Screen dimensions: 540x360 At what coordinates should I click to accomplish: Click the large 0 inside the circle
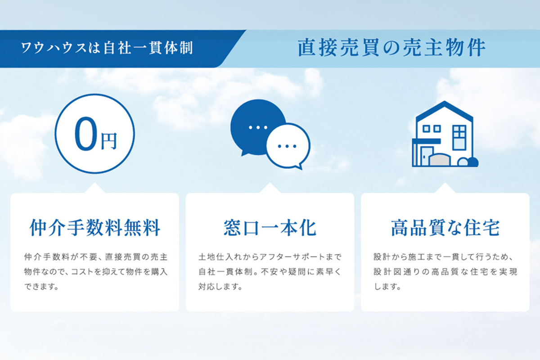click(86, 134)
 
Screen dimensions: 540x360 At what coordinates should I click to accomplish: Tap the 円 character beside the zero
click(109, 141)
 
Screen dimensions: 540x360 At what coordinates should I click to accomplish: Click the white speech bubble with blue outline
click(288, 146)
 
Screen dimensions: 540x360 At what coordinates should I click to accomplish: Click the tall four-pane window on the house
click(459, 137)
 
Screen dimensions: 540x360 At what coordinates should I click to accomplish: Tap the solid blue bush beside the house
click(473, 162)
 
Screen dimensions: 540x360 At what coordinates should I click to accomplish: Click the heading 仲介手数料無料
click(95, 228)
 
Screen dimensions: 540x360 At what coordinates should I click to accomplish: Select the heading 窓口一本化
click(270, 228)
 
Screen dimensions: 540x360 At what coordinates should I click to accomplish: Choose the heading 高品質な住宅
click(445, 228)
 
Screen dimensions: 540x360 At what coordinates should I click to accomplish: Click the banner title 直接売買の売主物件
click(391, 48)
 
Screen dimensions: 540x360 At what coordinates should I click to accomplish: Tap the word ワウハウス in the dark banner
click(54, 48)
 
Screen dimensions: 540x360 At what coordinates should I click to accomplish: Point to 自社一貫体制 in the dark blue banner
click(148, 48)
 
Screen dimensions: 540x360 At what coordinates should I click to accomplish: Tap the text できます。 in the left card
click(41, 287)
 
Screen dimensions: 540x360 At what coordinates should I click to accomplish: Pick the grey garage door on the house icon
click(440, 160)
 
